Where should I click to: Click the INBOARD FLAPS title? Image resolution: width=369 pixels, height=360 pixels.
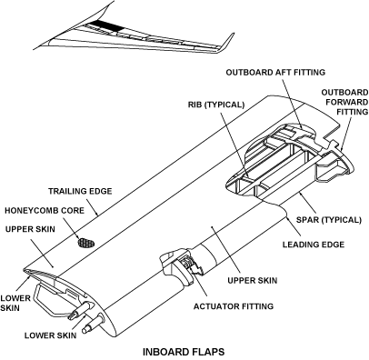184,352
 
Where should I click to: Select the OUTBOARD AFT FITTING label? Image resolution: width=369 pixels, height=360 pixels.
275,73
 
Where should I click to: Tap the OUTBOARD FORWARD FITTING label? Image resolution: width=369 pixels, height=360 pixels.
344,102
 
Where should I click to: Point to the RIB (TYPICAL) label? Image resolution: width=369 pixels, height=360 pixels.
216,105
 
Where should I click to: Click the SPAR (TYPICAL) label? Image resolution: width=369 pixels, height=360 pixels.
329,220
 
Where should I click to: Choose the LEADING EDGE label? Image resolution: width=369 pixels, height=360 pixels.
314,245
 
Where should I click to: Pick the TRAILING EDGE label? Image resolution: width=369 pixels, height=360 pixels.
80,192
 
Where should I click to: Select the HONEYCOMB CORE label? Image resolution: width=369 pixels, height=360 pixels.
45,210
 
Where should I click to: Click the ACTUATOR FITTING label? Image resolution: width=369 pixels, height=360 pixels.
234,306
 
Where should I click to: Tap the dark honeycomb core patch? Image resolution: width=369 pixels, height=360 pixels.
86,243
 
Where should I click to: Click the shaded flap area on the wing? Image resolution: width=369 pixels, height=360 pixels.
107,25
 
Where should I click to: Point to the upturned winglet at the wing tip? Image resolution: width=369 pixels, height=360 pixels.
226,42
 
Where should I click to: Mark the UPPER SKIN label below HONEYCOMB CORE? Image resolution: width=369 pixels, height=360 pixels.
30,229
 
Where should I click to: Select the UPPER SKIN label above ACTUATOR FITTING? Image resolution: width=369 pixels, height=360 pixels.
253,281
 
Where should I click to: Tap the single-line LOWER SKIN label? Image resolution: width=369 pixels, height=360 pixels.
51,335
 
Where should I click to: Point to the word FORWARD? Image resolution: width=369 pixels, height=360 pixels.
347,102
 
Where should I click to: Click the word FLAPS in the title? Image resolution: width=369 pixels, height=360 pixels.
208,352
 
